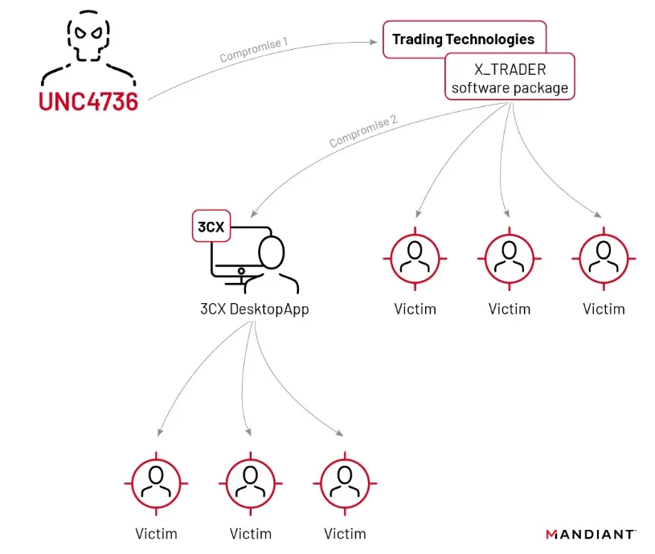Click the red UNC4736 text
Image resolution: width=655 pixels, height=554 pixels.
pyautogui.click(x=88, y=102)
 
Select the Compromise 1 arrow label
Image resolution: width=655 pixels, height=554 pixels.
pyautogui.click(x=252, y=50)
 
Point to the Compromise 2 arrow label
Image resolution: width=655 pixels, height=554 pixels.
pyautogui.click(x=362, y=132)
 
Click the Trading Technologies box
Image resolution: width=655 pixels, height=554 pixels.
pyautogui.click(x=463, y=39)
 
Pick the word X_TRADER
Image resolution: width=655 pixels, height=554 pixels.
pyautogui.click(x=510, y=70)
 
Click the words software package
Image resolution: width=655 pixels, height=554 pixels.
pyautogui.click(x=510, y=88)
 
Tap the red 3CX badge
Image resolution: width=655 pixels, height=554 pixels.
pyautogui.click(x=211, y=227)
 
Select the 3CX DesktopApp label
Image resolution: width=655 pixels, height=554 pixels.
pyautogui.click(x=254, y=309)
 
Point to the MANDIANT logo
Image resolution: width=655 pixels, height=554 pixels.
pyautogui.click(x=591, y=533)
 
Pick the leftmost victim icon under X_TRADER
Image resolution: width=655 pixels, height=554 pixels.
pyautogui.click(x=415, y=258)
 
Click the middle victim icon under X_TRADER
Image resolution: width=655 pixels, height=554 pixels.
pyautogui.click(x=510, y=258)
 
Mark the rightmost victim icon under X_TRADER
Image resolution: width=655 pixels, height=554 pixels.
pyautogui.click(x=604, y=258)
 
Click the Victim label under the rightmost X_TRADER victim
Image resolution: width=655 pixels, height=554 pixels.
pyautogui.click(x=604, y=309)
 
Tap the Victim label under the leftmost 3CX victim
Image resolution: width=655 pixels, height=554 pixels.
pyautogui.click(x=156, y=533)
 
